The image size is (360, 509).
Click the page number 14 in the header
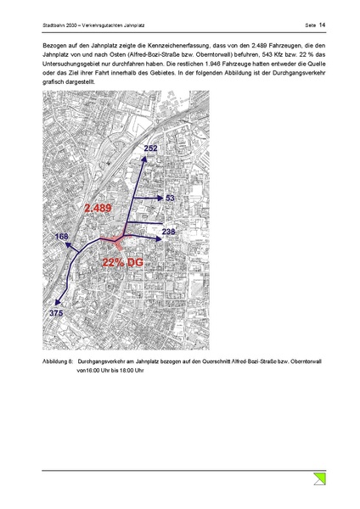[x=323, y=11]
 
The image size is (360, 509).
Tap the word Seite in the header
[x=309, y=11]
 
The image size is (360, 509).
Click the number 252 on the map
[x=151, y=148]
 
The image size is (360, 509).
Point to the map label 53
[x=169, y=198]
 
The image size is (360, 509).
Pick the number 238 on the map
[x=169, y=231]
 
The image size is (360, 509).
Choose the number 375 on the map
[x=57, y=313]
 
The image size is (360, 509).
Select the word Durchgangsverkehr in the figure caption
[x=104, y=361]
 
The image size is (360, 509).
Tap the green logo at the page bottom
[x=318, y=479]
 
